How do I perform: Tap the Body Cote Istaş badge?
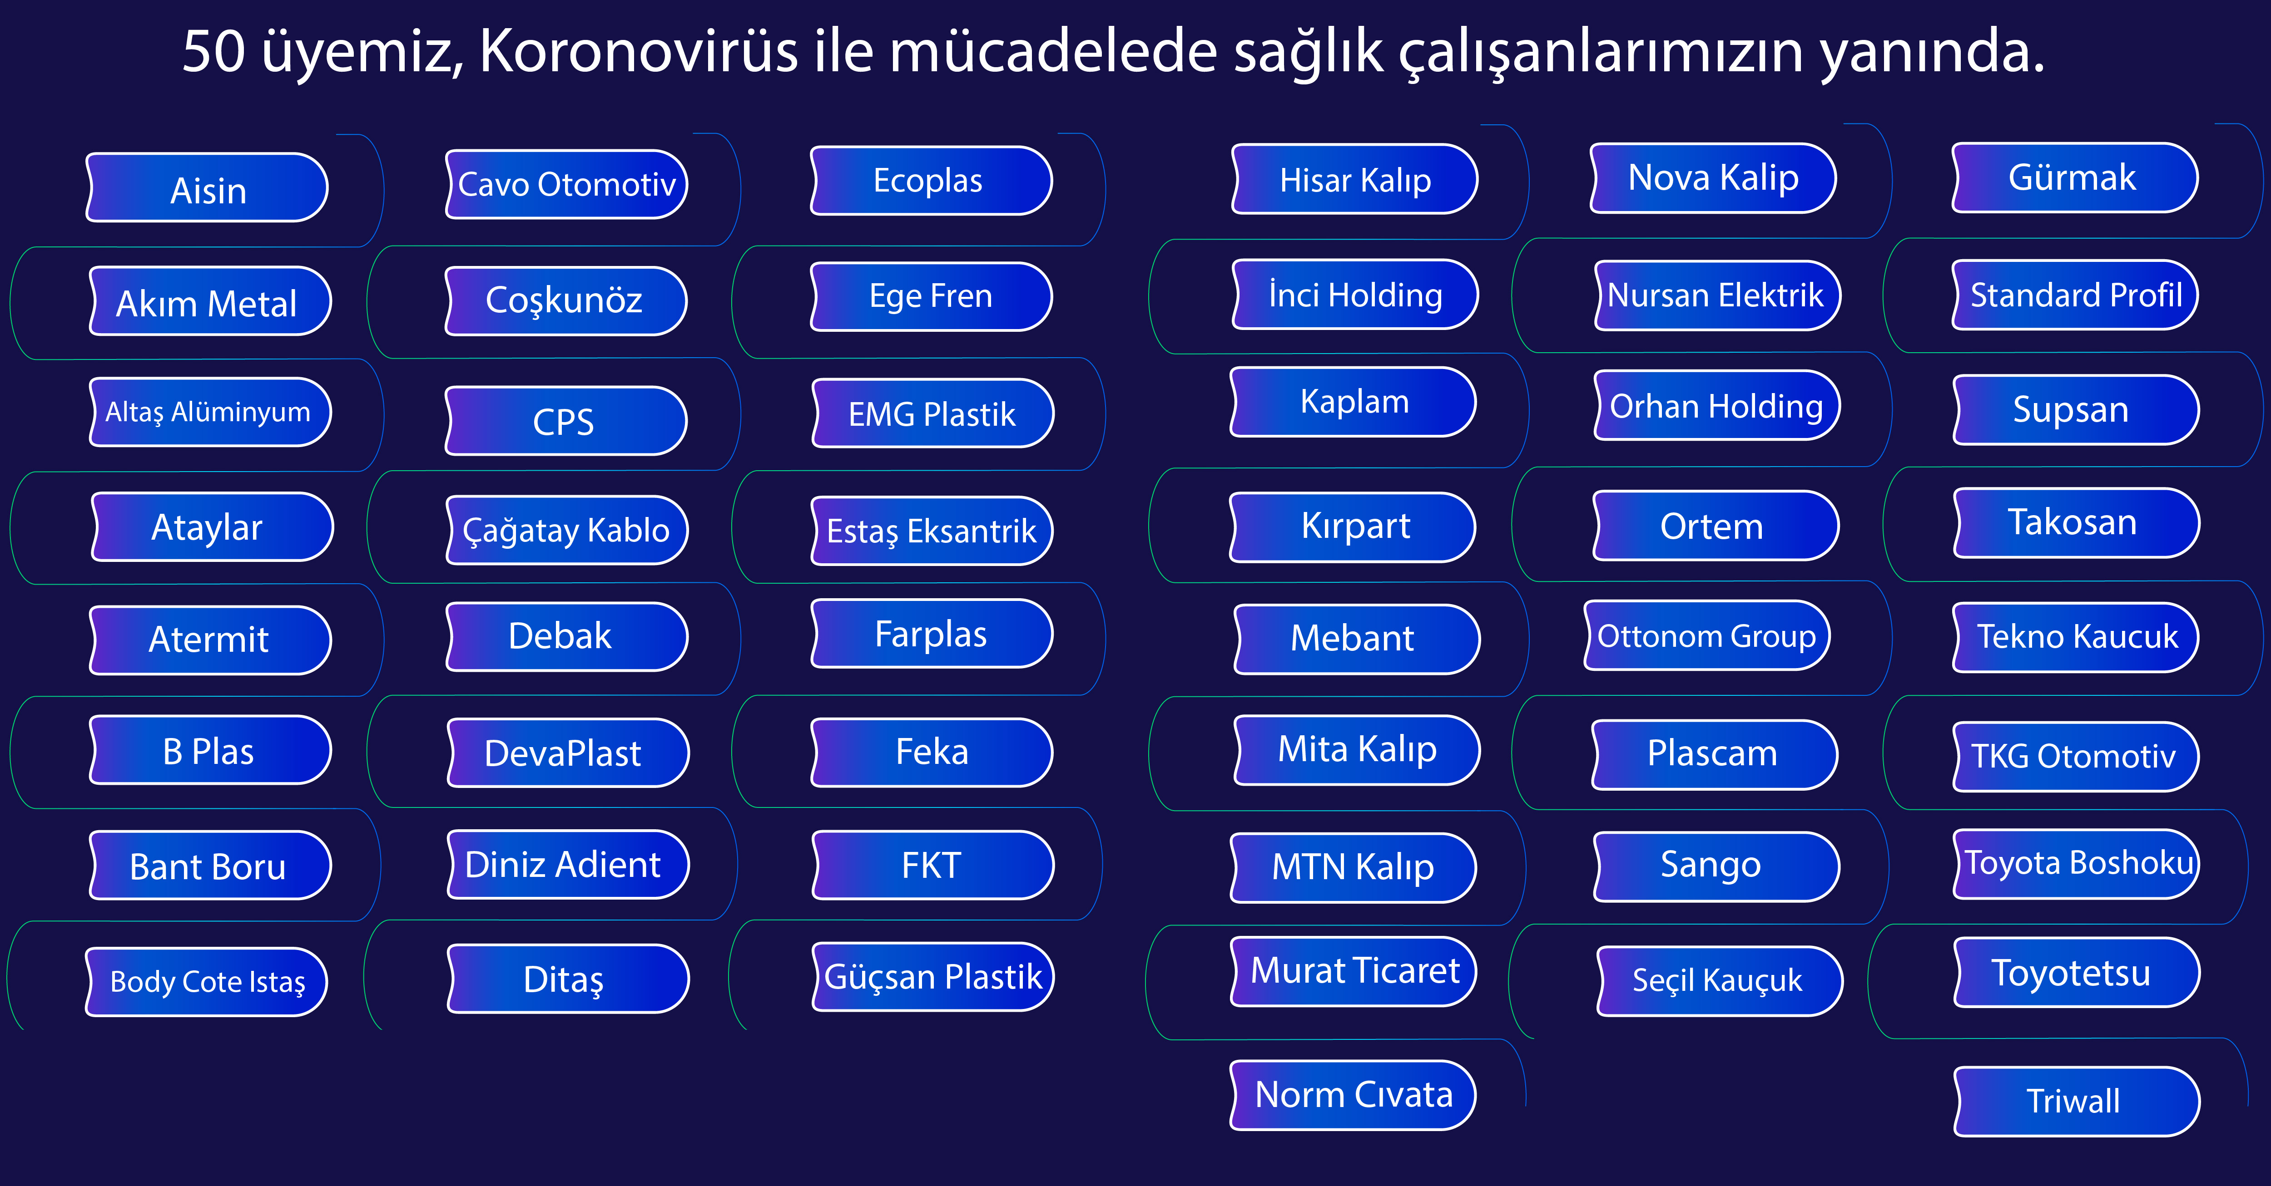point(207,982)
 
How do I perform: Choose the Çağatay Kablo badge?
point(567,530)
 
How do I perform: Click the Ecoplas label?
point(931,181)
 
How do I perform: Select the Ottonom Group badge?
point(1707,635)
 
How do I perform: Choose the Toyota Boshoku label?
point(2077,863)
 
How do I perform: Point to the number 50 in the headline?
point(214,51)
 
